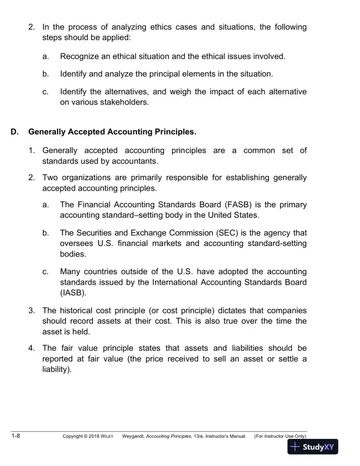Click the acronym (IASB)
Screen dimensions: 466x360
point(73,292)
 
